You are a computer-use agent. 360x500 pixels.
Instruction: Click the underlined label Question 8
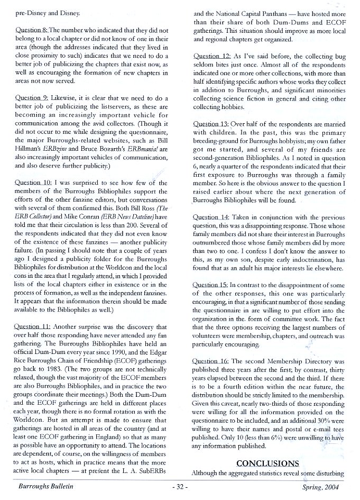[32, 31]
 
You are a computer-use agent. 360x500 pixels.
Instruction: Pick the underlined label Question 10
[34, 183]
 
